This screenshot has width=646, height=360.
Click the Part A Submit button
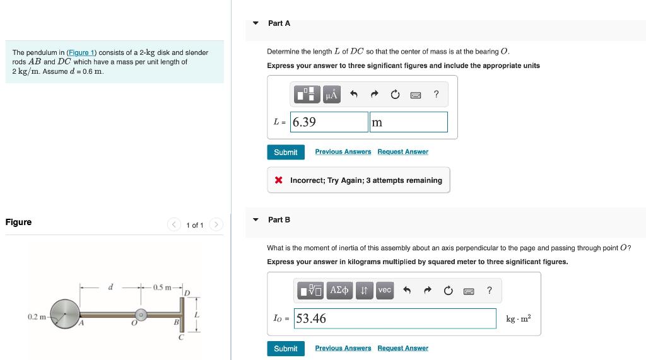(x=285, y=152)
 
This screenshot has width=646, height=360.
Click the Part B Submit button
(x=285, y=349)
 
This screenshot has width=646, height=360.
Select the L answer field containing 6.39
(x=329, y=122)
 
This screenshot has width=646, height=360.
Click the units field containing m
(x=409, y=122)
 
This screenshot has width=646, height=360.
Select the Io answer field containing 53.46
(x=395, y=318)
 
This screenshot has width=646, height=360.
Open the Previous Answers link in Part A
(x=343, y=152)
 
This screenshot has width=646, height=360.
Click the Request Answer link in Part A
(x=402, y=152)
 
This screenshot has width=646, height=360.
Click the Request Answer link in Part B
(x=402, y=348)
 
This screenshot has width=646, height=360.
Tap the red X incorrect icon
(x=278, y=180)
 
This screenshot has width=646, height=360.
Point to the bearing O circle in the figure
(x=142, y=313)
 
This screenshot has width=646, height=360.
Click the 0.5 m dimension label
(x=161, y=288)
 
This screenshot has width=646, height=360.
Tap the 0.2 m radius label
(x=37, y=316)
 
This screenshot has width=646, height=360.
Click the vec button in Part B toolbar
(x=384, y=290)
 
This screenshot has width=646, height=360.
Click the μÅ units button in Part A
(x=332, y=95)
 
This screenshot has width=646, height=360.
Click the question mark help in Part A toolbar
(x=436, y=95)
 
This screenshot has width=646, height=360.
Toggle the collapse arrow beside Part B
(x=256, y=220)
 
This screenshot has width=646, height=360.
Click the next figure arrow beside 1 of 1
(x=216, y=225)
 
